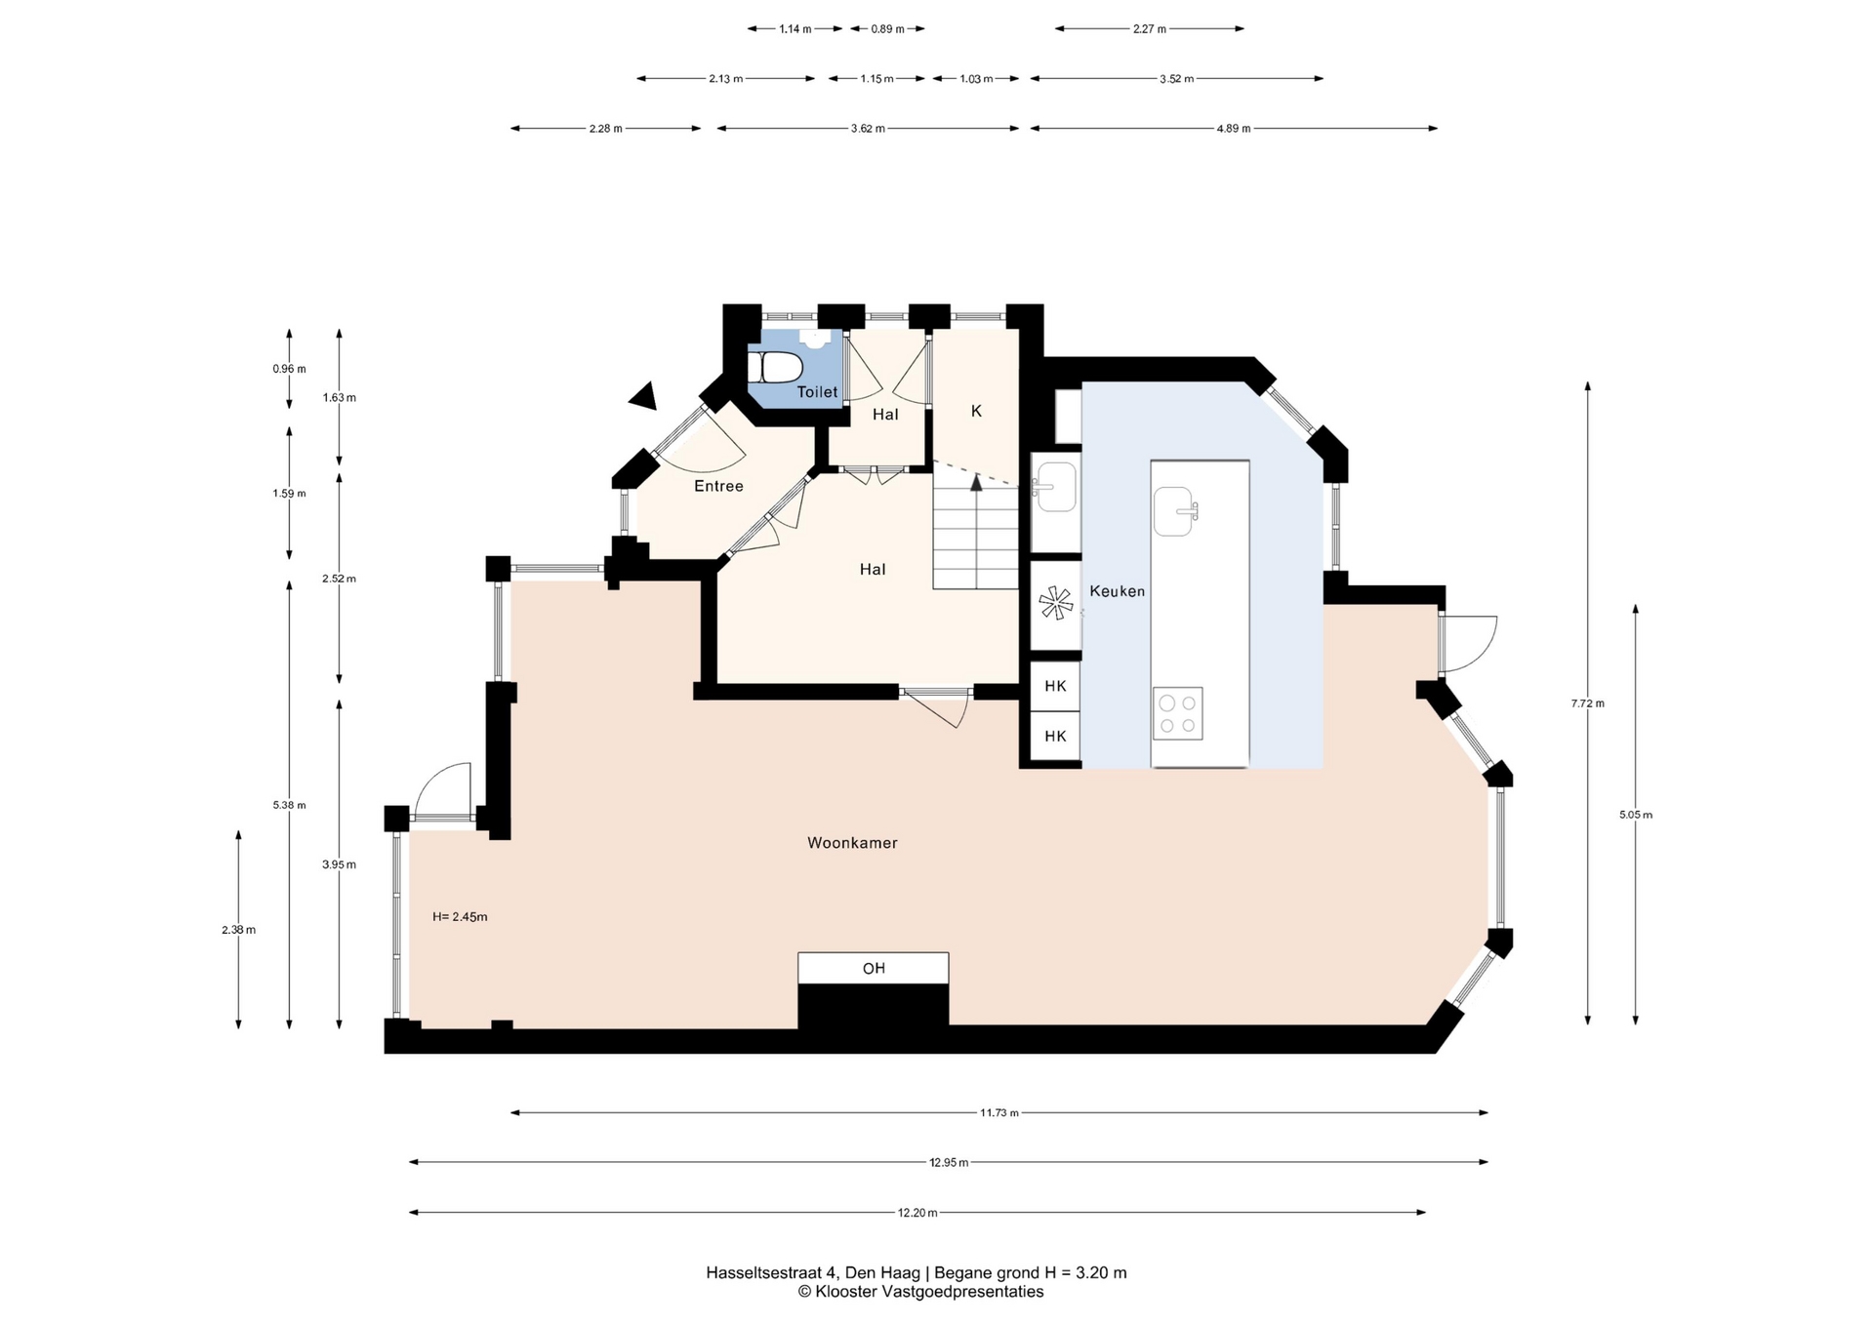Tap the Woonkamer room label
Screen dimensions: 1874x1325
[852, 843]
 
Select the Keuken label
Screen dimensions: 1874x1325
[1117, 591]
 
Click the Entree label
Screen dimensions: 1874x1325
[718, 486]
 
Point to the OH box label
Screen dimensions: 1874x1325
[874, 968]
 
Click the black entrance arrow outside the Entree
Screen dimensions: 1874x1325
[643, 395]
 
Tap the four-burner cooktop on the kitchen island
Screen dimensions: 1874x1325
[1177, 713]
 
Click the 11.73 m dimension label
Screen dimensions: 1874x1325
[999, 1112]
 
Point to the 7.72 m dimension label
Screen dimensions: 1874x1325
[1588, 703]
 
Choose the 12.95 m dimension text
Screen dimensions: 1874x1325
[949, 1162]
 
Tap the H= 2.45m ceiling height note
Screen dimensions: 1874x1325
[460, 917]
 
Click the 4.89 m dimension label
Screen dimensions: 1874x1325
[1234, 128]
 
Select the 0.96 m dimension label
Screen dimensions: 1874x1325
[289, 369]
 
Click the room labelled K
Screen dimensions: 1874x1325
[976, 412]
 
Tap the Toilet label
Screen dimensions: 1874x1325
[817, 392]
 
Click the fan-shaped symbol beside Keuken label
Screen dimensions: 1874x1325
[1055, 603]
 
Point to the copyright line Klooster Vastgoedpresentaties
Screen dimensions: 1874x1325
[920, 1292]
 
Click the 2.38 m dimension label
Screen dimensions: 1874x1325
[238, 930]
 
